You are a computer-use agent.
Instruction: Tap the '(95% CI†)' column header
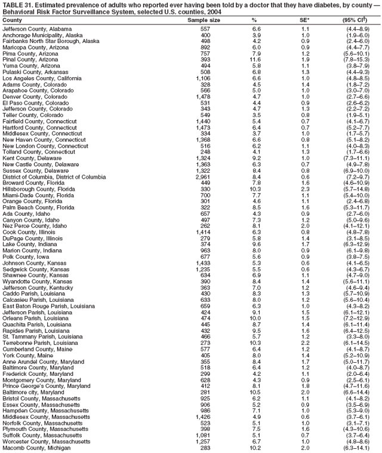[x=358, y=20]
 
